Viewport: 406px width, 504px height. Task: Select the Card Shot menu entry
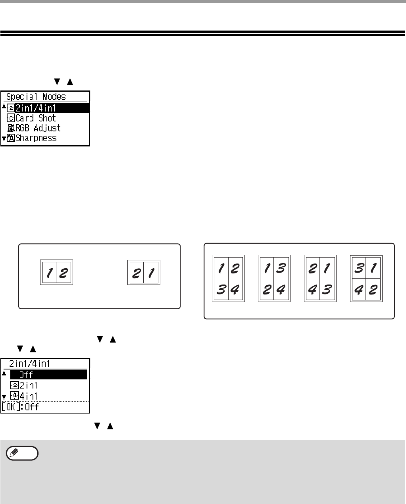point(36,118)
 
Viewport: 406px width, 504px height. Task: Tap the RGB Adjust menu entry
point(38,128)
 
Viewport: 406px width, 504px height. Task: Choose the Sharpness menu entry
point(36,138)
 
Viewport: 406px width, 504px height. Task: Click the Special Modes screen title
point(36,97)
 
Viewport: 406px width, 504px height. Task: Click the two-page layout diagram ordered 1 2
point(57,272)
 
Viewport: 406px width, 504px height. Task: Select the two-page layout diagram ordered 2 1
point(144,272)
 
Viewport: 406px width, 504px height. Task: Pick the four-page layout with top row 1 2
point(228,278)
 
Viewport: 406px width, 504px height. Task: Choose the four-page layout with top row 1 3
point(274,278)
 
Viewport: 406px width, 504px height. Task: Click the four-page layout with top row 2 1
point(320,278)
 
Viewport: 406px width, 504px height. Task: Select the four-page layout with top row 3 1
point(366,278)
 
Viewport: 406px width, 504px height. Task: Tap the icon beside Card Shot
point(11,118)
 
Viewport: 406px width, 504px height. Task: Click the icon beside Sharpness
point(11,138)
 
